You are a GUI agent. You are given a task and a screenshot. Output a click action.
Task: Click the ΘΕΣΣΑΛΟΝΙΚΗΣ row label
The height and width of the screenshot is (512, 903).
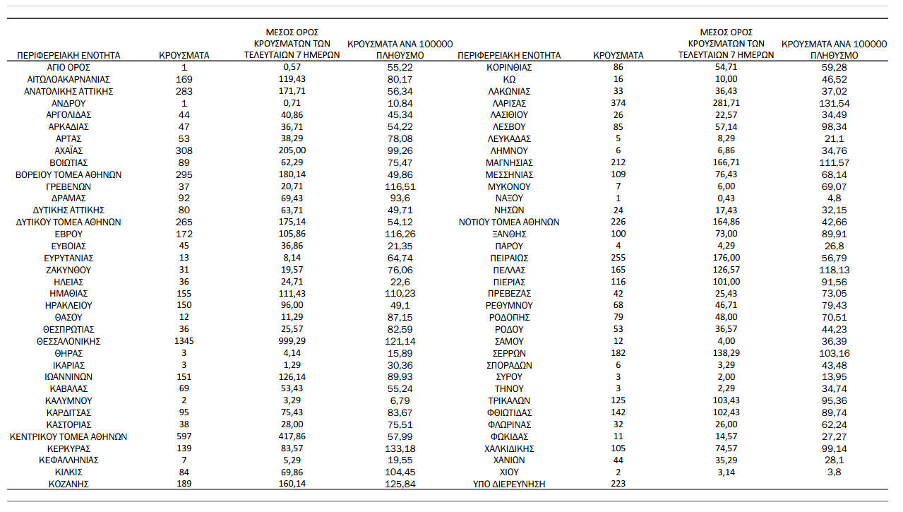[x=68, y=341]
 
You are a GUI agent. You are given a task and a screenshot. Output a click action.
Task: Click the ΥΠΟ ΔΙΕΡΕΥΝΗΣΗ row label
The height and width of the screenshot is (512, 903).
[x=509, y=484]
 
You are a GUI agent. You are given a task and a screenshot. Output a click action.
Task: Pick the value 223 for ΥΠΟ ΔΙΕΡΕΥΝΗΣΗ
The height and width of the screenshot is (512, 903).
[x=618, y=484]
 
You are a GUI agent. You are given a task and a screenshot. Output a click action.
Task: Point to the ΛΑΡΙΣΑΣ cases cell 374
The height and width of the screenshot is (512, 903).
[x=618, y=103]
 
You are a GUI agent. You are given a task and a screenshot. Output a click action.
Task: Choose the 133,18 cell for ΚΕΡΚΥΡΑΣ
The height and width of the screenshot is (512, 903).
[x=400, y=448]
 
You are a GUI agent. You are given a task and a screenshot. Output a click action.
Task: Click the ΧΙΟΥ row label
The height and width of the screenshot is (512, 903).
[x=509, y=472]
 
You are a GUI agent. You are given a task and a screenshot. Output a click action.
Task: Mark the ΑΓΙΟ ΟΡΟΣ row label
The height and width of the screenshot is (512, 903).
[x=68, y=67]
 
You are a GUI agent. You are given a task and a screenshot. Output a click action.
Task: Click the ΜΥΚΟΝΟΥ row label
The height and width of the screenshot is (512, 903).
[x=509, y=186]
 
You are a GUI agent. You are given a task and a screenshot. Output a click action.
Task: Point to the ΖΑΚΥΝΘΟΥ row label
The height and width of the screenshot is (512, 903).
[x=68, y=270]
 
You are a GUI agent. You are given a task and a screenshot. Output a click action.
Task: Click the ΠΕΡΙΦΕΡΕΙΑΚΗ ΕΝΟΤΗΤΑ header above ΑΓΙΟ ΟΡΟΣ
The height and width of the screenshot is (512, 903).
[x=68, y=55]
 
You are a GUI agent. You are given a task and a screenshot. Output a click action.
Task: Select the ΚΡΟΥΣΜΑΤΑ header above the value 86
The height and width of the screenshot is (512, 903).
[x=618, y=55]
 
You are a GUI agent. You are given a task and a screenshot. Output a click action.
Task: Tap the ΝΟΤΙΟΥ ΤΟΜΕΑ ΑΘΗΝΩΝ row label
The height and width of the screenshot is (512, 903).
[x=509, y=222]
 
